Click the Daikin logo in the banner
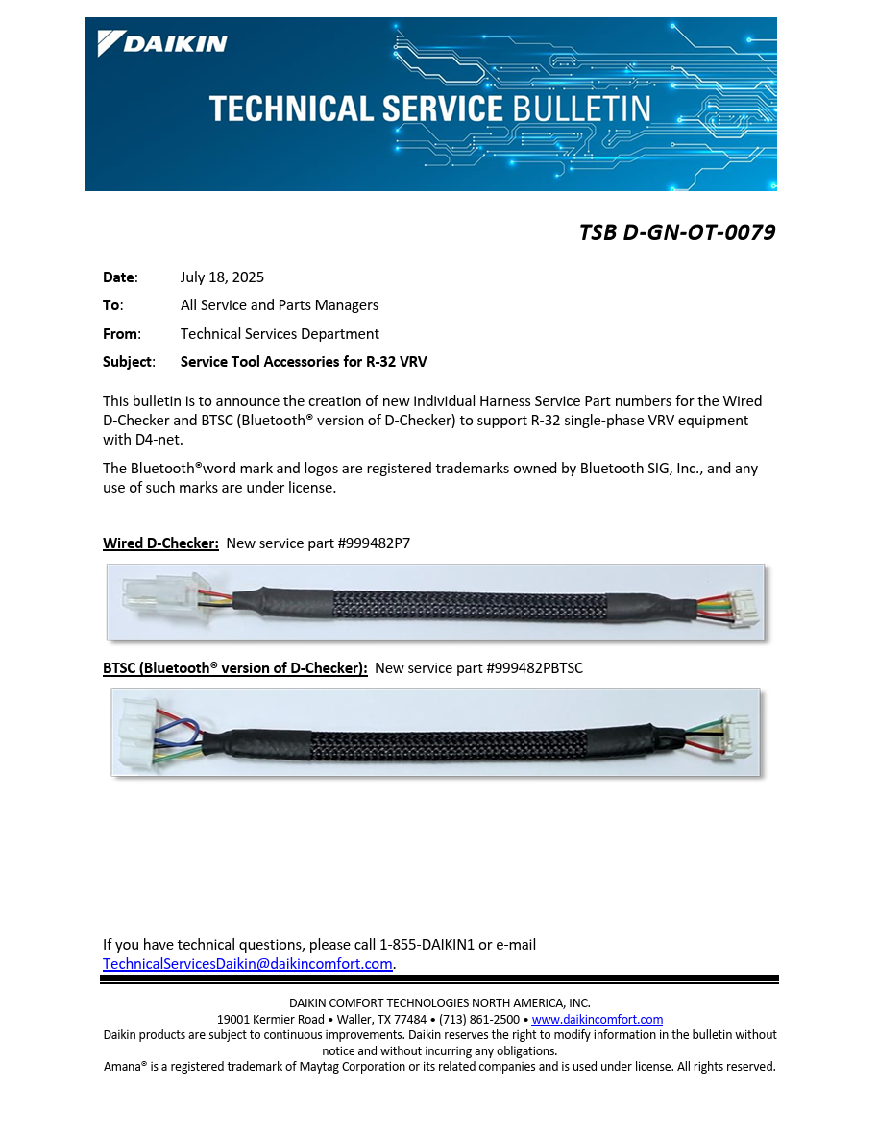162,43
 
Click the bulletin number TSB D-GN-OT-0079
676,232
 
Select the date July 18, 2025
222,277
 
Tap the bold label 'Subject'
128,362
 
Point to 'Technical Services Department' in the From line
280,334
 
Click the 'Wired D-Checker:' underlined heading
160,543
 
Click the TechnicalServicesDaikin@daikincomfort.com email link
248,964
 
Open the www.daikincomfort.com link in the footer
597,1020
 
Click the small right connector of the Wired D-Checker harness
744,609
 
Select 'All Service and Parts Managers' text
280,305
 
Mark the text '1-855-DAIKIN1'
427,945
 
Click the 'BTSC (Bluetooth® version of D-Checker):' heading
235,668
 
